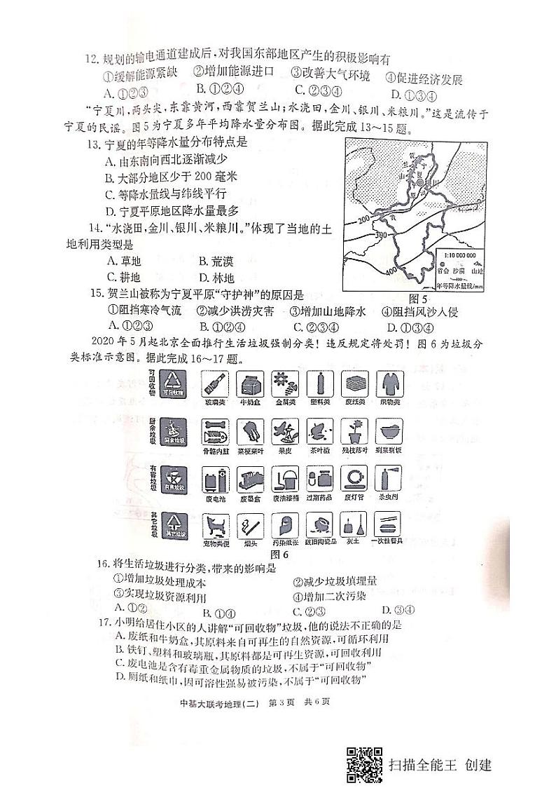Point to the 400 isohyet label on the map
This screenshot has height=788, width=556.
coord(390,270)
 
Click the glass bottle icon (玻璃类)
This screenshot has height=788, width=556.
coord(214,383)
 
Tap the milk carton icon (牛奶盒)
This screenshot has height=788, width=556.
coord(249,383)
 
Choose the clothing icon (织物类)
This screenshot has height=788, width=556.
coord(391,383)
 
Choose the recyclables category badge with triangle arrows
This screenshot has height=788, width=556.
coord(172,385)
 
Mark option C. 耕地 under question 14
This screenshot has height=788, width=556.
coord(123,278)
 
